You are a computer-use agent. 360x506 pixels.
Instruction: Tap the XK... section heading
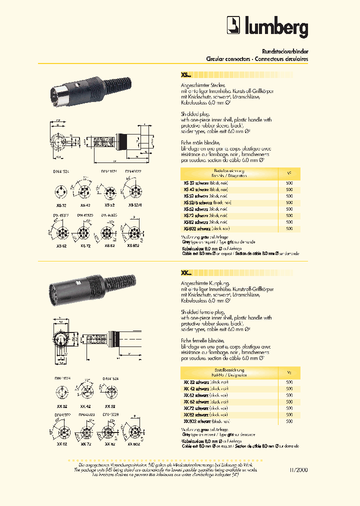[185, 273]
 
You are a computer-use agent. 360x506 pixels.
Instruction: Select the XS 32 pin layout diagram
[61, 192]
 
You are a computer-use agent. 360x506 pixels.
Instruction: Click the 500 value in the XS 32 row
[289, 183]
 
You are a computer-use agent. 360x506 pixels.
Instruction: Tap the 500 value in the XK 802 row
[289, 421]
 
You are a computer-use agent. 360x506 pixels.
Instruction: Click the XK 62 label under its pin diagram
[62, 444]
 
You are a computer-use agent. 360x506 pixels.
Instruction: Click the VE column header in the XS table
[289, 173]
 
